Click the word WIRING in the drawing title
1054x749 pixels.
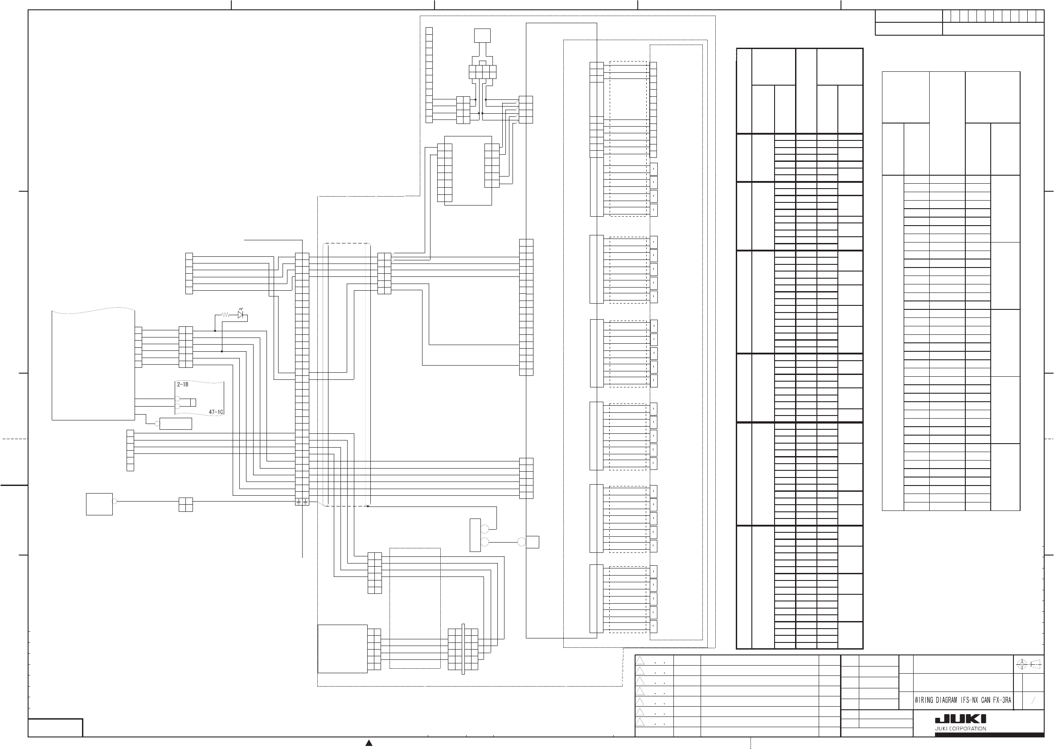pos(924,700)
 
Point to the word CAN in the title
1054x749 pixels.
pos(985,700)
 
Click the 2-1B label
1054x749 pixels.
pos(183,384)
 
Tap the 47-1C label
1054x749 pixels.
pos(216,412)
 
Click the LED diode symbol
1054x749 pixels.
pos(241,315)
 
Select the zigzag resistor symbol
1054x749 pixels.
pos(226,315)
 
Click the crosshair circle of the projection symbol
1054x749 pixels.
pos(1021,665)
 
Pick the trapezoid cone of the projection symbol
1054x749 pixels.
pos(1036,665)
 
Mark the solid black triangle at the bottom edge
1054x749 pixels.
pos(369,743)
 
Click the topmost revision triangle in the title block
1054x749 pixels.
pos(640,660)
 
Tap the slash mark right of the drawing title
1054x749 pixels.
pos(1033,700)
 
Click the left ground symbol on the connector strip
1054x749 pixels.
pos(299,502)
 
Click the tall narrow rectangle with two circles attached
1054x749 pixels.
pos(475,535)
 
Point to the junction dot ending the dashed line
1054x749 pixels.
pos(368,506)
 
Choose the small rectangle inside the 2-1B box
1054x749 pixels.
pos(193,402)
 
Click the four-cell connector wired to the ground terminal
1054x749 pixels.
pos(185,505)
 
